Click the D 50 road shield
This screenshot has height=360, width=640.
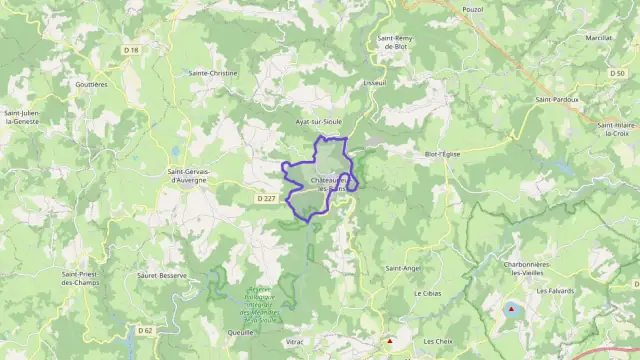tap(616, 73)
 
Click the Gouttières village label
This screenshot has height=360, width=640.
tap(91, 85)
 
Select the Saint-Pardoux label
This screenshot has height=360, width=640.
tap(556, 99)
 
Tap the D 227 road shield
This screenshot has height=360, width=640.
tap(266, 198)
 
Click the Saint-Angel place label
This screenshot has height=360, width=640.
tap(402, 268)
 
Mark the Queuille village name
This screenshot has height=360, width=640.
tap(240, 332)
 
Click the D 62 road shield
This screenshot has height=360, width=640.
tap(146, 330)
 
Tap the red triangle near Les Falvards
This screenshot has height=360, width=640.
tap(513, 310)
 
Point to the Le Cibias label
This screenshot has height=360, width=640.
tap(428, 294)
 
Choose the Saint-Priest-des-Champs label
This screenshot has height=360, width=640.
tap(86, 278)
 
